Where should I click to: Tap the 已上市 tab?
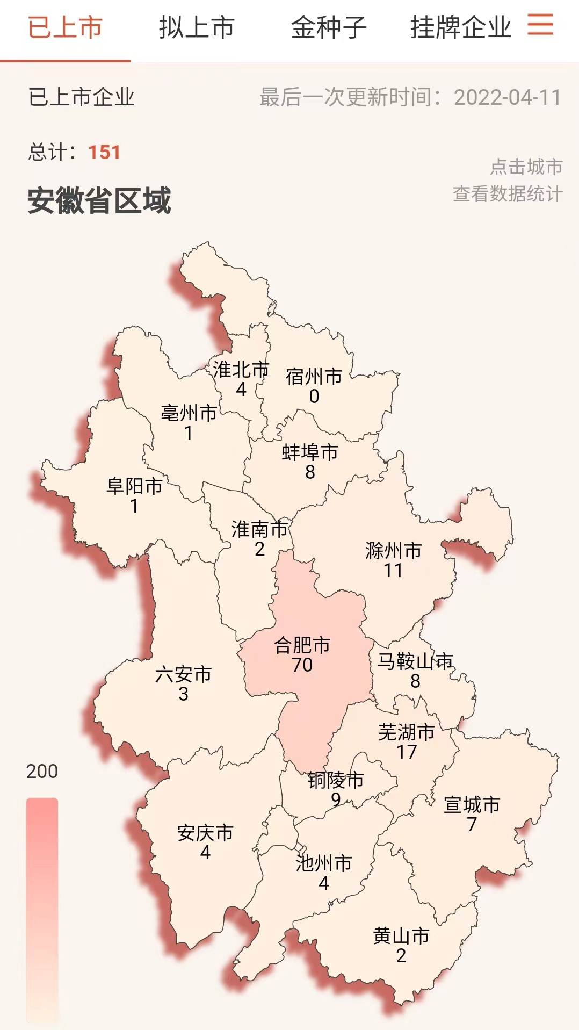[65, 27]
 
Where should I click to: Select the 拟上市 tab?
[197, 27]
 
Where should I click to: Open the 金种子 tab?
[329, 27]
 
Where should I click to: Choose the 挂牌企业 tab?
[460, 27]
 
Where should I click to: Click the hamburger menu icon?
[540, 25]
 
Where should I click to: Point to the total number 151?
[104, 152]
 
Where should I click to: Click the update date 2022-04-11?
[507, 97]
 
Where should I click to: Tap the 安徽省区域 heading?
[99, 200]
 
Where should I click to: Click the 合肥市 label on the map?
[302, 645]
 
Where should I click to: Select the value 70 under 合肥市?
[302, 665]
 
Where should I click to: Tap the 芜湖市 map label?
[407, 732]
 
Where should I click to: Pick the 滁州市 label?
[393, 551]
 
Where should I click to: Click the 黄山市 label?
[401, 936]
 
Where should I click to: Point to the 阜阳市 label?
[134, 486]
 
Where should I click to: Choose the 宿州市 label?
[314, 377]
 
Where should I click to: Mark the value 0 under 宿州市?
[314, 397]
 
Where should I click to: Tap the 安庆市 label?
[205, 833]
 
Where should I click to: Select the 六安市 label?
[183, 674]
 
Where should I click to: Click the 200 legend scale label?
[42, 771]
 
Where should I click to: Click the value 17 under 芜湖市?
[407, 752]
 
